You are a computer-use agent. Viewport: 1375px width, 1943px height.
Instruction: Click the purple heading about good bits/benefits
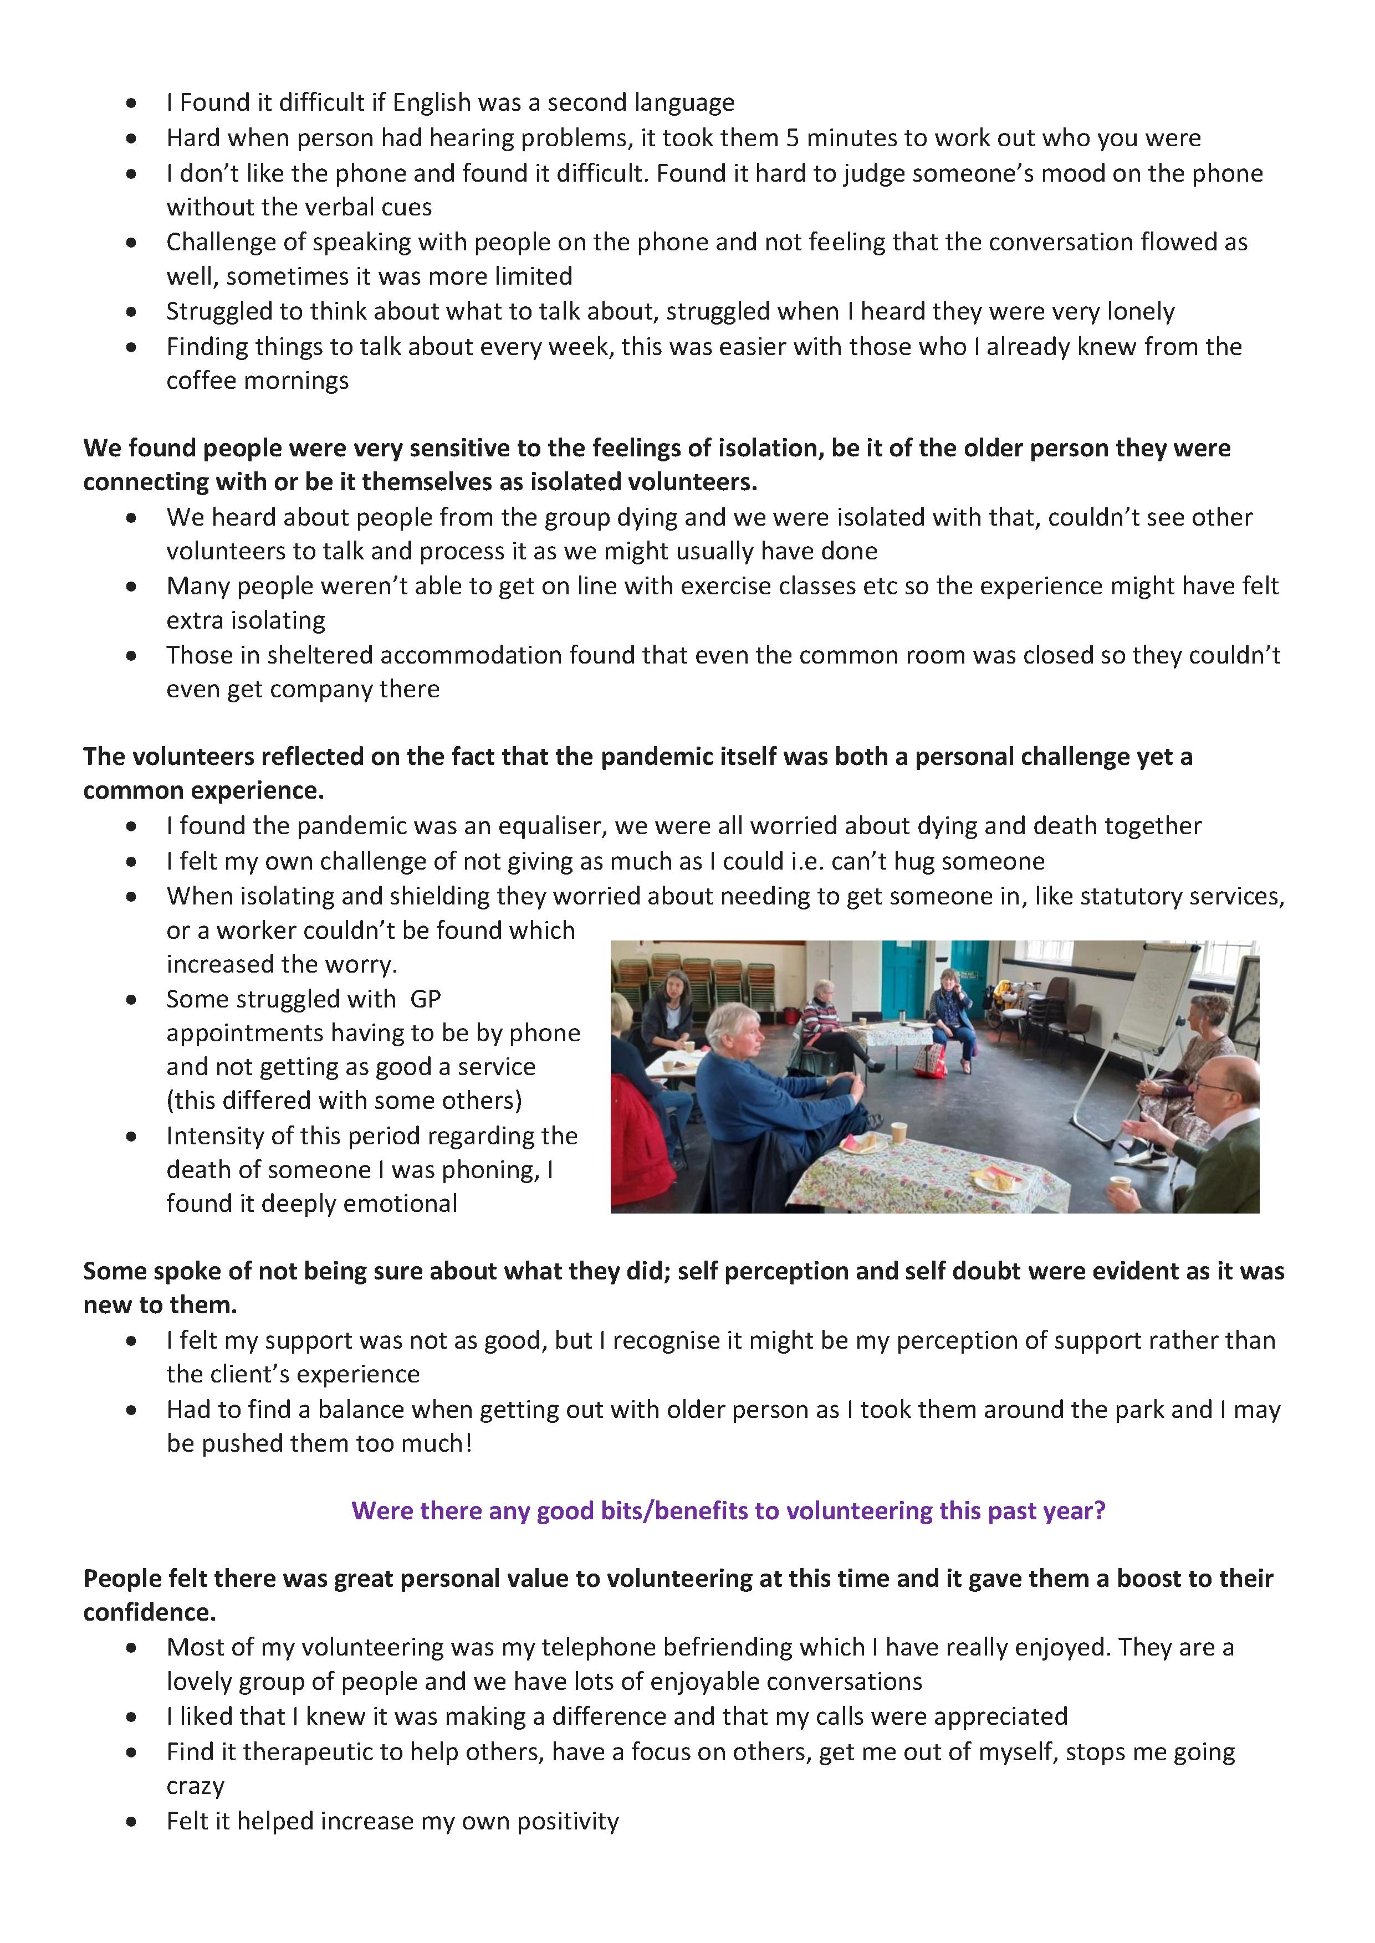pyautogui.click(x=728, y=1510)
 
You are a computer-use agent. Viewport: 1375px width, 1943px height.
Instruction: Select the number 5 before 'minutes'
pyautogui.click(x=793, y=138)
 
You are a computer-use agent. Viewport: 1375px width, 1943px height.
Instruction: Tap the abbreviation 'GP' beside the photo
pyautogui.click(x=425, y=999)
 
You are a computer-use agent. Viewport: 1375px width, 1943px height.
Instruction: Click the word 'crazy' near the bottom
pyautogui.click(x=196, y=1786)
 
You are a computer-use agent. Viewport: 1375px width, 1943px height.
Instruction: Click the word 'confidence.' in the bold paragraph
pyautogui.click(x=149, y=1612)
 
